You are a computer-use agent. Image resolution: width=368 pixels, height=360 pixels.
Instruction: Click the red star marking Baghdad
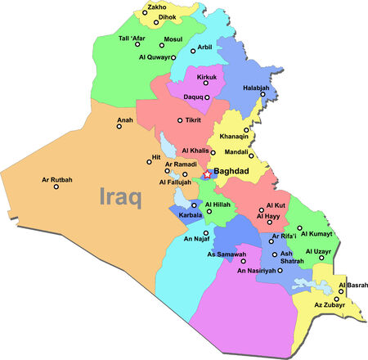tap(208, 174)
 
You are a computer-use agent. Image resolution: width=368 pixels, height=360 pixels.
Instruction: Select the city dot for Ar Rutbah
tap(56, 187)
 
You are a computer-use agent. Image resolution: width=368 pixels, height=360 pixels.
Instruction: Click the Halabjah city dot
tap(263, 94)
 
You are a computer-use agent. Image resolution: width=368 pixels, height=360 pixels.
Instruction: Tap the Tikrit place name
tap(194, 120)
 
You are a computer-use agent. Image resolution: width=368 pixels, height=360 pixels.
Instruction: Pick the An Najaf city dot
tap(206, 232)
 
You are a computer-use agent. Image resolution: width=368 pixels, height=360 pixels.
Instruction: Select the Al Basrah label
tap(353, 285)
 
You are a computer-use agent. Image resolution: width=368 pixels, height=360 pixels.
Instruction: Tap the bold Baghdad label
tap(236, 172)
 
